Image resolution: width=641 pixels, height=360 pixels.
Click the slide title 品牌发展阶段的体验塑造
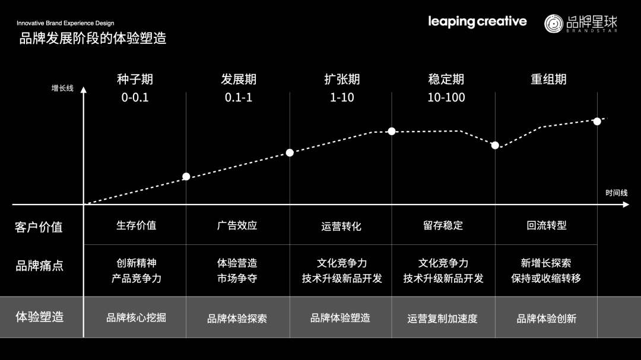coord(93,39)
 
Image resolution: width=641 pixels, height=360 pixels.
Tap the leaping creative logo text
coord(477,22)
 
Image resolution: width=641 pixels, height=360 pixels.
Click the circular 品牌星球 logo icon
coord(554,23)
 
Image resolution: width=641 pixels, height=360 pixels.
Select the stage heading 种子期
coord(135,79)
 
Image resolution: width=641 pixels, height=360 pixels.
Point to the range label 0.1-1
coord(238,97)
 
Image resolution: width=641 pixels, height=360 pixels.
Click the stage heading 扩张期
coord(342,79)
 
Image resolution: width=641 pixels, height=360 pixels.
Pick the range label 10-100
coord(446,97)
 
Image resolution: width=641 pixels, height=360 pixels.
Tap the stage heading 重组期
coord(548,79)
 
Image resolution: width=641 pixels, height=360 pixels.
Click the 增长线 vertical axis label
coord(62,88)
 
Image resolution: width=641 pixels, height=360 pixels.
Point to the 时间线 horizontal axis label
coord(616,193)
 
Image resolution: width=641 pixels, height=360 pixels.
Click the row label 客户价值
coord(39,227)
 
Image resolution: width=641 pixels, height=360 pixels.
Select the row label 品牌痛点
coord(39,265)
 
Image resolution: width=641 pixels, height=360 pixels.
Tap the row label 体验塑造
coord(39,317)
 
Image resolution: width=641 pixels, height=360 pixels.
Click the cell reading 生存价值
coord(136,225)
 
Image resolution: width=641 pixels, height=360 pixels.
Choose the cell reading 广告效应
coord(237,225)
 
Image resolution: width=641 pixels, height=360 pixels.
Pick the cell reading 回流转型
coord(547,225)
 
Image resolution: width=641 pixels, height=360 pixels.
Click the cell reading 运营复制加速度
coord(442,318)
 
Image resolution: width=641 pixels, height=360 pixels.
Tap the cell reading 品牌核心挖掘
coord(136,317)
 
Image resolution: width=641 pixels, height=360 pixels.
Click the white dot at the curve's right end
coord(597,121)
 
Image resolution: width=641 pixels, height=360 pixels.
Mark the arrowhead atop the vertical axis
coord(84,90)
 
